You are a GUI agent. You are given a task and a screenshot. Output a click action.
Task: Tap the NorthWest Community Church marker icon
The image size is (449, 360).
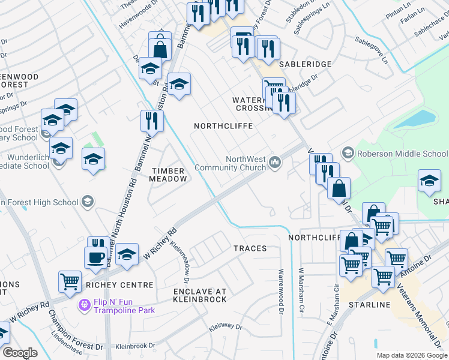(x=276, y=162)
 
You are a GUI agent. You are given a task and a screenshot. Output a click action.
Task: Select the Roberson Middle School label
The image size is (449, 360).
(x=402, y=153)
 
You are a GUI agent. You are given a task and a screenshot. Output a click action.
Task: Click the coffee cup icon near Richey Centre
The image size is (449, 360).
(x=95, y=257)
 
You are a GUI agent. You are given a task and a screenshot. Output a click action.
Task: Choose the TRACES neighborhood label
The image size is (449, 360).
(x=250, y=248)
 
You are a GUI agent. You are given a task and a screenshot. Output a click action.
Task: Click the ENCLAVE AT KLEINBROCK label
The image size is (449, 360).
(x=200, y=295)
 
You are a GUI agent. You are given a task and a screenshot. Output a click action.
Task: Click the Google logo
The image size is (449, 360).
(x=20, y=353)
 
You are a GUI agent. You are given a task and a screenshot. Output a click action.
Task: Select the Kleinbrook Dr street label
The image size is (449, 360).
(x=135, y=346)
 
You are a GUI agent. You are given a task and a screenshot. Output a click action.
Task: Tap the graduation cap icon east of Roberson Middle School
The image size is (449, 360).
(x=429, y=180)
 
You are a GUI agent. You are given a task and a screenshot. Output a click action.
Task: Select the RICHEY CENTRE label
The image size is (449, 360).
(x=119, y=285)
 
